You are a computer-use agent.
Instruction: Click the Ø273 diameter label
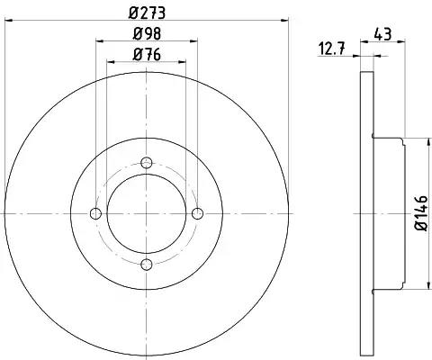[147, 13]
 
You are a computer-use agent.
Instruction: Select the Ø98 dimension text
[147, 33]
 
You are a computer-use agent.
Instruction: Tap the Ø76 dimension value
[147, 54]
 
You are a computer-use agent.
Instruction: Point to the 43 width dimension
[383, 34]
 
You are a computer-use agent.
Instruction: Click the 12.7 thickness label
[331, 49]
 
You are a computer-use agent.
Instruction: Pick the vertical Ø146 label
[421, 213]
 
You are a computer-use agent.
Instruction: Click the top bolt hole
[147, 163]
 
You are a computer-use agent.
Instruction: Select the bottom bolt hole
[147, 265]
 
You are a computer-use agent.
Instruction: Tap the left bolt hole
[96, 213]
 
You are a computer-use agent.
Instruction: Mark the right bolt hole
[197, 213]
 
